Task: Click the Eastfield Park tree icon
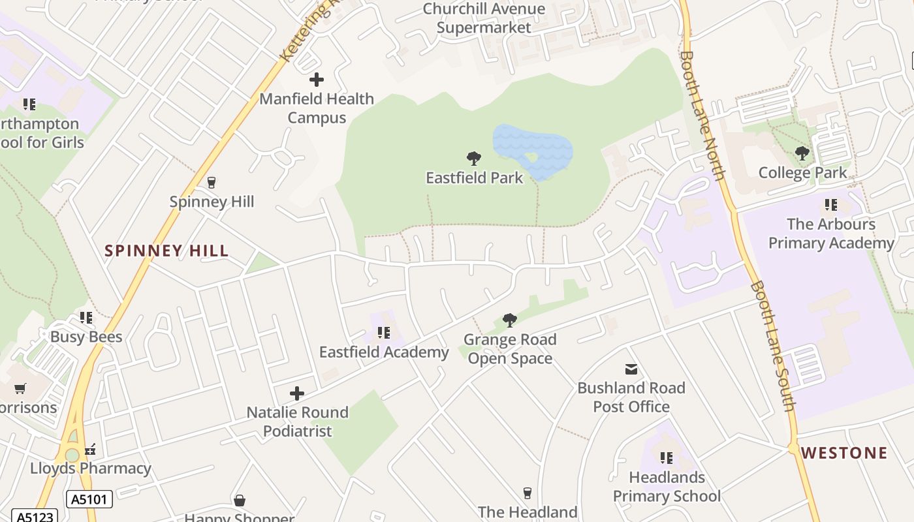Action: click(474, 158)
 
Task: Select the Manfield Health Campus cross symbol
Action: click(317, 80)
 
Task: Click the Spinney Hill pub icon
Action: click(211, 182)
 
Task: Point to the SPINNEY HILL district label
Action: click(166, 251)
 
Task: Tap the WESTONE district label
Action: click(844, 453)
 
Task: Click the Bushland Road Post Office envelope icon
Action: click(631, 369)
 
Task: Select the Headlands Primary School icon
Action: click(667, 458)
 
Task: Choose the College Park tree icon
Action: click(802, 154)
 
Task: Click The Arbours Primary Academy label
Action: click(831, 234)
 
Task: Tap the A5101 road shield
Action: click(89, 500)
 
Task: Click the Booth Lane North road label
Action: click(702, 115)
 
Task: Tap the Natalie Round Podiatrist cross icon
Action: click(297, 393)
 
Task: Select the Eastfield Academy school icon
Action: click(384, 333)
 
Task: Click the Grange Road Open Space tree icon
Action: click(510, 320)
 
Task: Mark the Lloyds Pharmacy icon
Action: click(91, 449)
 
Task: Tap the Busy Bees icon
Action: click(86, 318)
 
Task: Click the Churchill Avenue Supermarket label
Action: click(484, 18)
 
